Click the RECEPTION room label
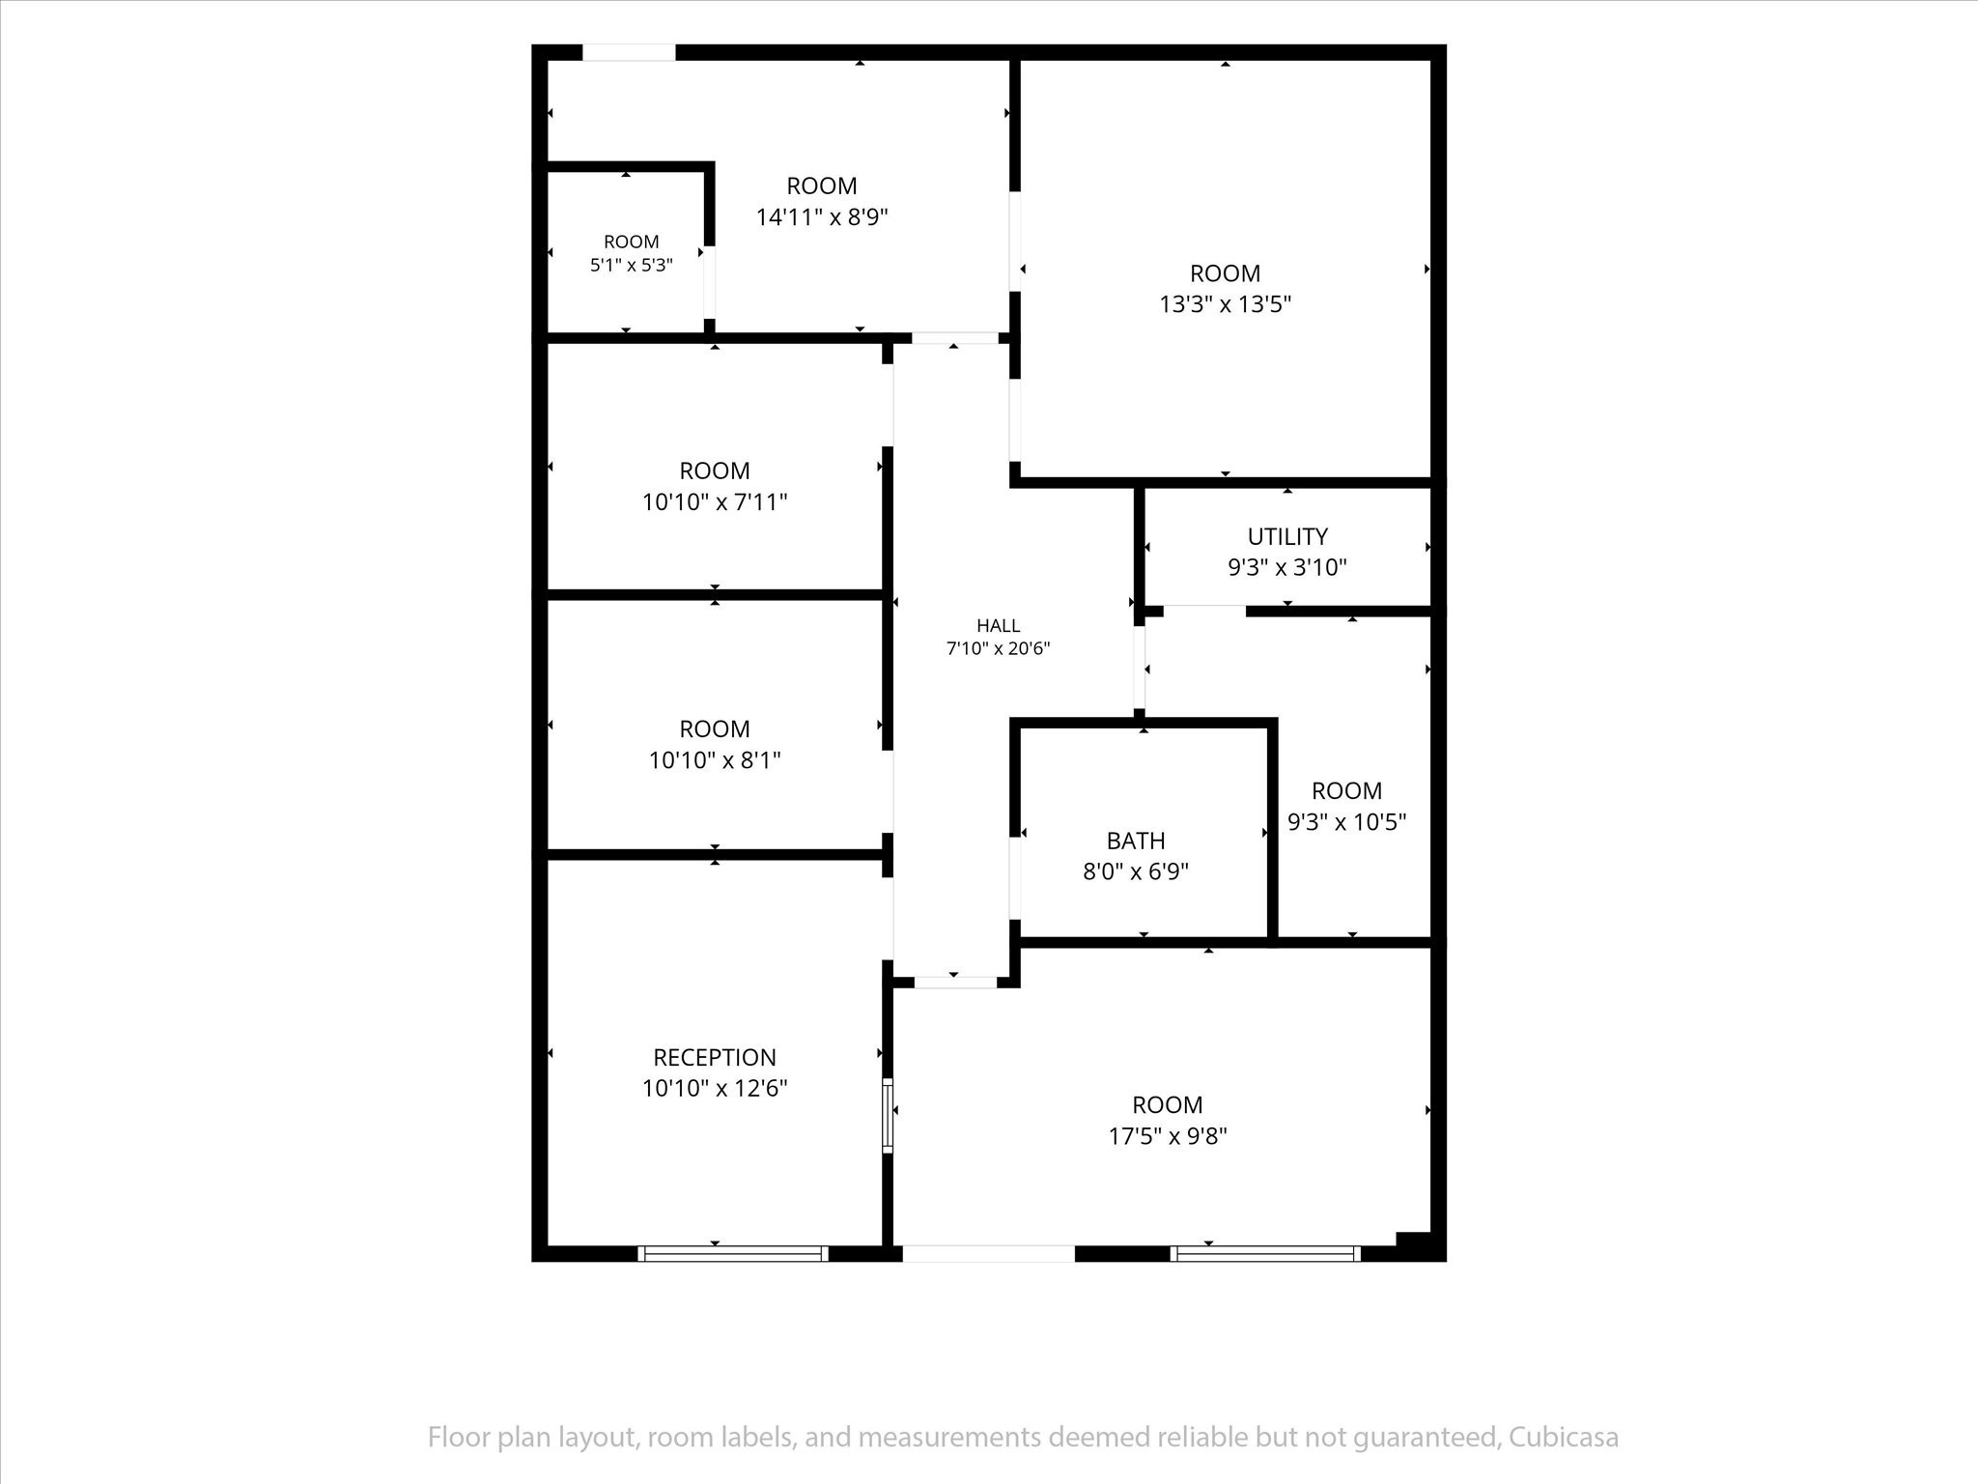[715, 1057]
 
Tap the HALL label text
[999, 626]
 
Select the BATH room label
[1136, 841]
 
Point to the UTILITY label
[1287, 536]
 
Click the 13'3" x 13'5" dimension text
[1226, 304]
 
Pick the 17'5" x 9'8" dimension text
[1168, 1136]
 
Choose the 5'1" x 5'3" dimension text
[632, 265]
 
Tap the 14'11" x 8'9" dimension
[822, 217]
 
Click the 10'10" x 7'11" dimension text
[715, 502]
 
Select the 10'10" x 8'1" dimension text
[715, 760]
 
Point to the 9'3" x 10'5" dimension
[1347, 822]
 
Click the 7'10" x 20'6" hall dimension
[999, 648]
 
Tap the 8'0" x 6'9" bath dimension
[1136, 871]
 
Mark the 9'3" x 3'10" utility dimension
[1287, 567]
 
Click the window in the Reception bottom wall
[733, 1254]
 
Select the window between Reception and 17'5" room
[888, 1114]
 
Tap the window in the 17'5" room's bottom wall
[1265, 1254]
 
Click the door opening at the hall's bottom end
[955, 983]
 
